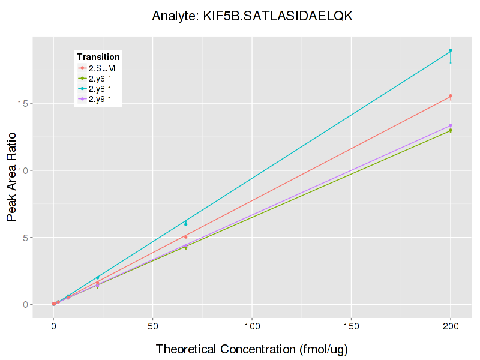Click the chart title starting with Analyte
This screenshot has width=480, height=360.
coord(252,16)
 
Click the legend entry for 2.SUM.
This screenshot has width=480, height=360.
coord(103,68)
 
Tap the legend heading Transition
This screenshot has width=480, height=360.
coord(98,57)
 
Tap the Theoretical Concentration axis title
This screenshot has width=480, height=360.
coord(252,349)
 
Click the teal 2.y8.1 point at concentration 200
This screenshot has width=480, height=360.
coord(451,50)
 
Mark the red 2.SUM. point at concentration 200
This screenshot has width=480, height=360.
coord(451,96)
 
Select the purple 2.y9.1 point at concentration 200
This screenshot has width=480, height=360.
coord(451,125)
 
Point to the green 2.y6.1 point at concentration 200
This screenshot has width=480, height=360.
coord(451,131)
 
